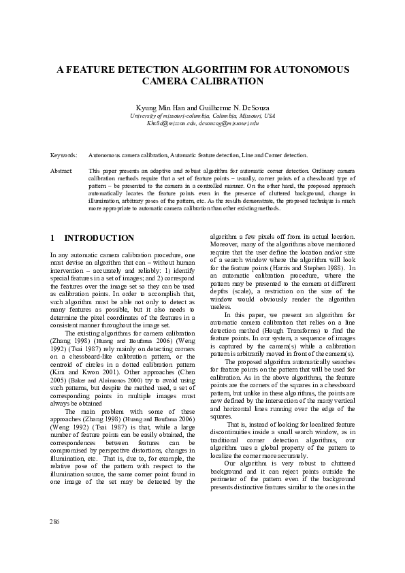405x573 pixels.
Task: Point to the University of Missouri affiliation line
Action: click(x=202, y=116)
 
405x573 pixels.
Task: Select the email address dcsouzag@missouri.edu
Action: click(x=228, y=123)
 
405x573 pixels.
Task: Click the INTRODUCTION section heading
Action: click(x=99, y=238)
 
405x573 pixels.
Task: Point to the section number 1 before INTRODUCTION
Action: click(x=53, y=238)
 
